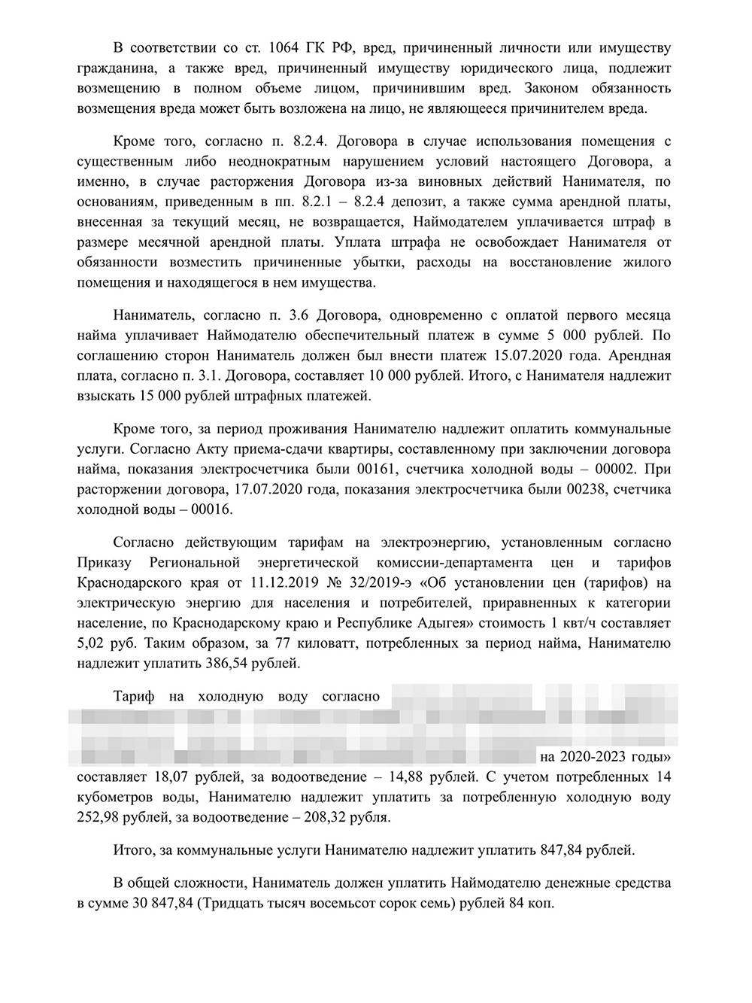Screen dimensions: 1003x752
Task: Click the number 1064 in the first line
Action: click(284, 48)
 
